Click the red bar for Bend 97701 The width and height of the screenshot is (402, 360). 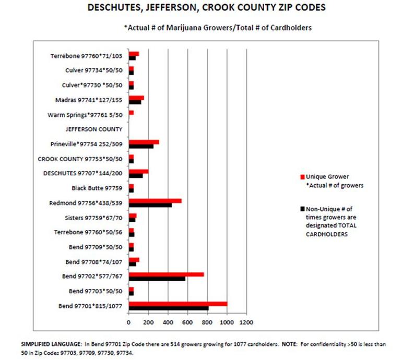(x=178, y=304)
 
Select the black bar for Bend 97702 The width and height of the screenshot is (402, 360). (x=157, y=279)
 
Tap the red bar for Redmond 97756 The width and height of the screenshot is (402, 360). (x=155, y=201)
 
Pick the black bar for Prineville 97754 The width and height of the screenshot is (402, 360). (x=141, y=146)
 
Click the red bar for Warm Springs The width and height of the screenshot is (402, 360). (x=131, y=113)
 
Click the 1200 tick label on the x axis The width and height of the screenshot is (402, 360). (x=246, y=322)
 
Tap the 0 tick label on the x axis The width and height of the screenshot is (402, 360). (x=128, y=322)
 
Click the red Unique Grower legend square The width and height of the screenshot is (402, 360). (x=302, y=177)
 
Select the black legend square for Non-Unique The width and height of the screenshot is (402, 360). (x=302, y=209)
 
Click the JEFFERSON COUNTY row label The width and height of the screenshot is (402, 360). (x=94, y=129)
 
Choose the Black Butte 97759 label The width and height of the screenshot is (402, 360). (x=97, y=188)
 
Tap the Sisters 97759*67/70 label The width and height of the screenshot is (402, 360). (x=93, y=218)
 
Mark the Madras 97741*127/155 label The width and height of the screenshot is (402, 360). (x=89, y=100)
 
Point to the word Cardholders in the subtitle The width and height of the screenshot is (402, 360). (x=291, y=28)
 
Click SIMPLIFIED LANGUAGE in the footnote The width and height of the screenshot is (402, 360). (x=51, y=344)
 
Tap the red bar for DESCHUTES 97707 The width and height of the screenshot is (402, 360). (x=139, y=172)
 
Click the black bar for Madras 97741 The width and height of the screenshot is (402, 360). (x=135, y=102)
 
